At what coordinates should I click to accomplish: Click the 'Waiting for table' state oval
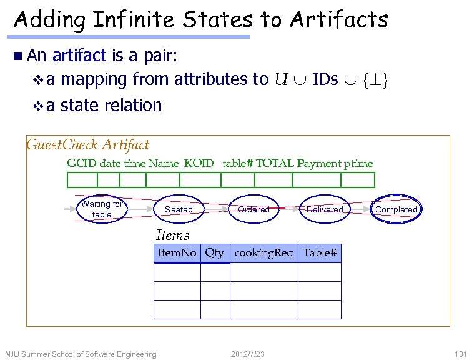coord(102,209)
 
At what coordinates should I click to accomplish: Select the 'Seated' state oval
coord(179,209)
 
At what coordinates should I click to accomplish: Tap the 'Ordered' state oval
coord(253,209)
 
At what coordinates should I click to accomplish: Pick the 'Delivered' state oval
coord(325,209)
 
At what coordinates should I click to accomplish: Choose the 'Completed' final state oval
coord(396,209)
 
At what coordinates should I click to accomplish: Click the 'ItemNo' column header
coord(177,253)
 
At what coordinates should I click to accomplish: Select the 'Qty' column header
coord(215,253)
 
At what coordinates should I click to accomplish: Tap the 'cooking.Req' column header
coord(263,253)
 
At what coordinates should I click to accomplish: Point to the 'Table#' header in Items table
coord(320,253)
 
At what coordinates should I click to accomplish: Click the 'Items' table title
coord(172,236)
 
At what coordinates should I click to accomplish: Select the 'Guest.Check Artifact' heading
coord(88,145)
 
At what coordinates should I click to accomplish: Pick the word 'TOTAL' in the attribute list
coord(275,164)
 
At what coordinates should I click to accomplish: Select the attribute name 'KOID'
coord(199,164)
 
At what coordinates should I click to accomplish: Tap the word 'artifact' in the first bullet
coord(80,56)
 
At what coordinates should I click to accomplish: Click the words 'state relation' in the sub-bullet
coord(111,105)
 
